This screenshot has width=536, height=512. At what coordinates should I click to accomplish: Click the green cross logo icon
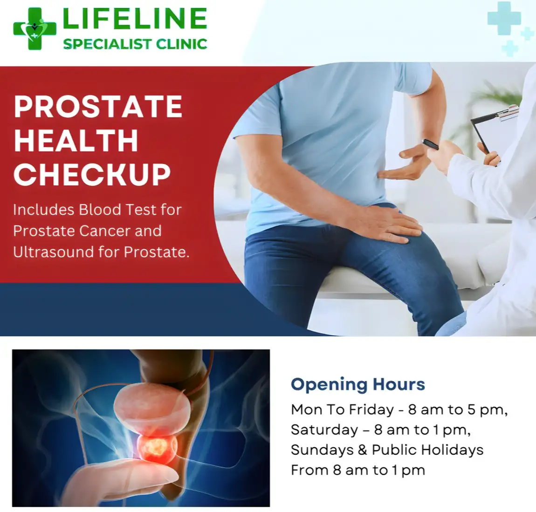pos(34,29)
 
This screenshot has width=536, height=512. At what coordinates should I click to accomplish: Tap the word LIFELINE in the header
pos(135,18)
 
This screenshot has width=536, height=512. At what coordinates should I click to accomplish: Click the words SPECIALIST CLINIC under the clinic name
pos(135,44)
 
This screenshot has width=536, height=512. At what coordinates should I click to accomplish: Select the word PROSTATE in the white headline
pos(98,106)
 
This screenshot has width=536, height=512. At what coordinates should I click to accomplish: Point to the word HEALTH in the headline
pos(76,140)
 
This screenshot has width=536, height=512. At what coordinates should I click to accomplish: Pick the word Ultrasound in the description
pos(53,252)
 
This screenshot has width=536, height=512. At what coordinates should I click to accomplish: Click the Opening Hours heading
pos(358,384)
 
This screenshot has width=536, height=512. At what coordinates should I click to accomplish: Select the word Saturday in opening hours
pos(324,430)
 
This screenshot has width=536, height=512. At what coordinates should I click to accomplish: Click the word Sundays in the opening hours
pos(323,450)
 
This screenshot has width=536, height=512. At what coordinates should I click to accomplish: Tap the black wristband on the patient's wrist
pos(431,144)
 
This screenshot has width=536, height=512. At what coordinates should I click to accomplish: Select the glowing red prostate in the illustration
pos(157,446)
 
